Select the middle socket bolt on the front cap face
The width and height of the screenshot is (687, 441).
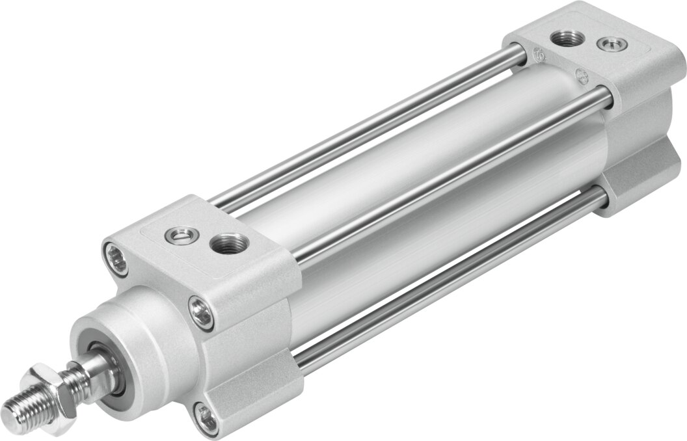(202, 312)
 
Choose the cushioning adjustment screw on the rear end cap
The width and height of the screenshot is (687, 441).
(608, 45)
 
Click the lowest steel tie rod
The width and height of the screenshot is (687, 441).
(449, 273)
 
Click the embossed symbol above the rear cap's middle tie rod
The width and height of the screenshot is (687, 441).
(583, 75)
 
